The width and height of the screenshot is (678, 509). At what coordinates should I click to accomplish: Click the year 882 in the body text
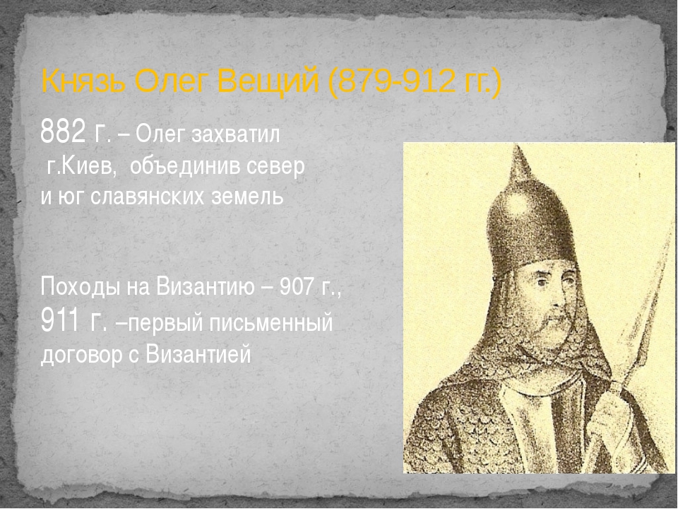click(63, 131)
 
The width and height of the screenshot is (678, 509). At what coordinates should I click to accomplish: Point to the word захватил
click(236, 134)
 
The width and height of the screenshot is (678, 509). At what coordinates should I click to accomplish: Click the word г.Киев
click(81, 166)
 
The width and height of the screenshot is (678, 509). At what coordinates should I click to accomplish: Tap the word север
click(276, 167)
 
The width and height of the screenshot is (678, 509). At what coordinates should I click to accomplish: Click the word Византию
click(206, 286)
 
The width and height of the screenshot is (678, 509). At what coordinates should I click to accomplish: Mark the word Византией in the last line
click(198, 354)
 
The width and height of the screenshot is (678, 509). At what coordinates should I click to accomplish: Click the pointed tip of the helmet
click(517, 146)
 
